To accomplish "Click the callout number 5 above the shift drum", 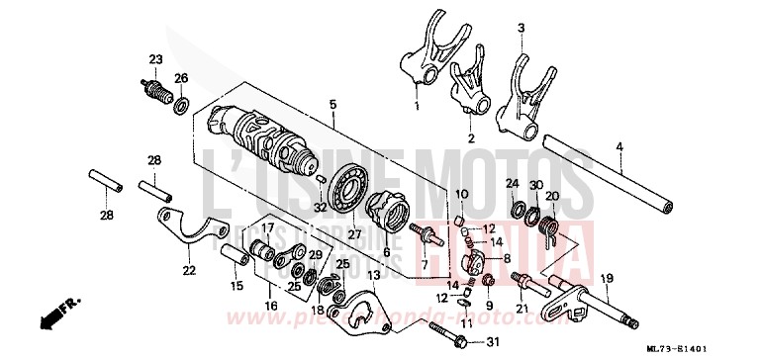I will pos(332,104).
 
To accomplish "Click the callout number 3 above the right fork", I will pos(521,29).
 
